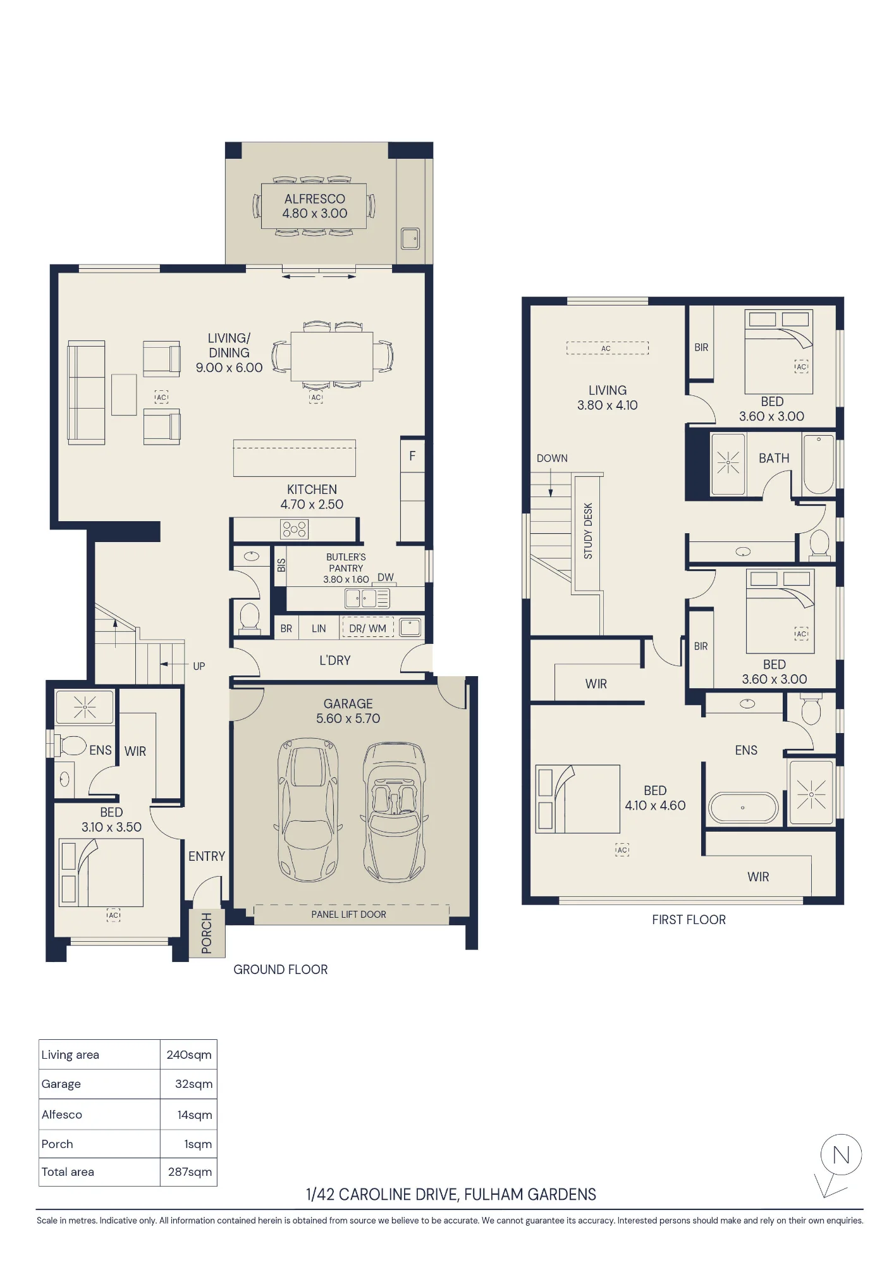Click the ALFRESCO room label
click(x=314, y=199)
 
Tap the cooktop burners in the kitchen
click(x=295, y=529)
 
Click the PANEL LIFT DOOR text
click(x=348, y=915)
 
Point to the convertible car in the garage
click(x=395, y=812)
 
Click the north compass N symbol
click(x=841, y=1155)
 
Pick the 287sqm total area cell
click(x=190, y=1172)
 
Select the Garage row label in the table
click(x=61, y=1084)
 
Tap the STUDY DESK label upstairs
click(x=588, y=531)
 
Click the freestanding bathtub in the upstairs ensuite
click(x=743, y=807)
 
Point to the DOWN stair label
click(x=552, y=459)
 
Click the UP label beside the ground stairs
click(x=199, y=666)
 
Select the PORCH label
click(x=207, y=933)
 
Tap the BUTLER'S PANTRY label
click(x=346, y=562)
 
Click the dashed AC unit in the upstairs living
click(x=607, y=349)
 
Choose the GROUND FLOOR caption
click(x=281, y=970)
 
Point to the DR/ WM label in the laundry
click(x=367, y=628)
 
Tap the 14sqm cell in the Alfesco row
click(x=195, y=1115)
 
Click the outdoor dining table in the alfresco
click(x=314, y=206)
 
